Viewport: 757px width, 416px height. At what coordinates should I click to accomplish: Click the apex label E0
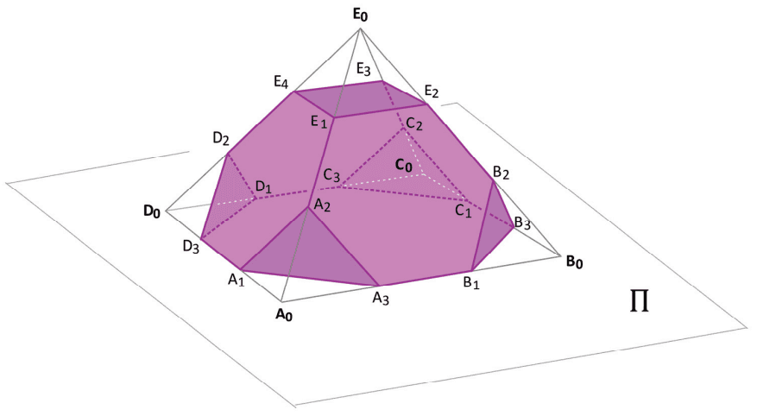pyautogui.click(x=360, y=15)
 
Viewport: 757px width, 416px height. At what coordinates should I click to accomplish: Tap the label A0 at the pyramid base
pyautogui.click(x=284, y=315)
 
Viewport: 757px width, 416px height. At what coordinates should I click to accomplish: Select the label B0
pyautogui.click(x=574, y=262)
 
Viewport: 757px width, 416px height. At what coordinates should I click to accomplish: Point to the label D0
pyautogui.click(x=152, y=211)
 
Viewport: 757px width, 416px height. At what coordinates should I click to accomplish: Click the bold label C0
pyautogui.click(x=404, y=166)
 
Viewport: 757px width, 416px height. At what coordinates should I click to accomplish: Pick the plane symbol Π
pyautogui.click(x=640, y=302)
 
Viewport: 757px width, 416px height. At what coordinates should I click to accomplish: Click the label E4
pyautogui.click(x=281, y=83)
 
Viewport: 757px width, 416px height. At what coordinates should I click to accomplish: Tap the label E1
pyautogui.click(x=319, y=122)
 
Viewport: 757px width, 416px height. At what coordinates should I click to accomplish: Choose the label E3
pyautogui.click(x=364, y=70)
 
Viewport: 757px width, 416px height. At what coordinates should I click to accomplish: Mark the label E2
pyautogui.click(x=431, y=91)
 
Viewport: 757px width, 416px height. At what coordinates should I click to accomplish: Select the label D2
pyautogui.click(x=221, y=138)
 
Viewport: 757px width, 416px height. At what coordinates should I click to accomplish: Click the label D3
pyautogui.click(x=191, y=246)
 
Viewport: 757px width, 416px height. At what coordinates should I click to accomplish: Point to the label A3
pyautogui.click(x=381, y=299)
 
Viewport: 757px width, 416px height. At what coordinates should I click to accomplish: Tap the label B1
pyautogui.click(x=471, y=283)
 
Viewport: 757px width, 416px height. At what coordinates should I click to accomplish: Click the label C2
pyautogui.click(x=414, y=124)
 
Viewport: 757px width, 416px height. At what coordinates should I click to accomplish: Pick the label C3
pyautogui.click(x=331, y=176)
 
